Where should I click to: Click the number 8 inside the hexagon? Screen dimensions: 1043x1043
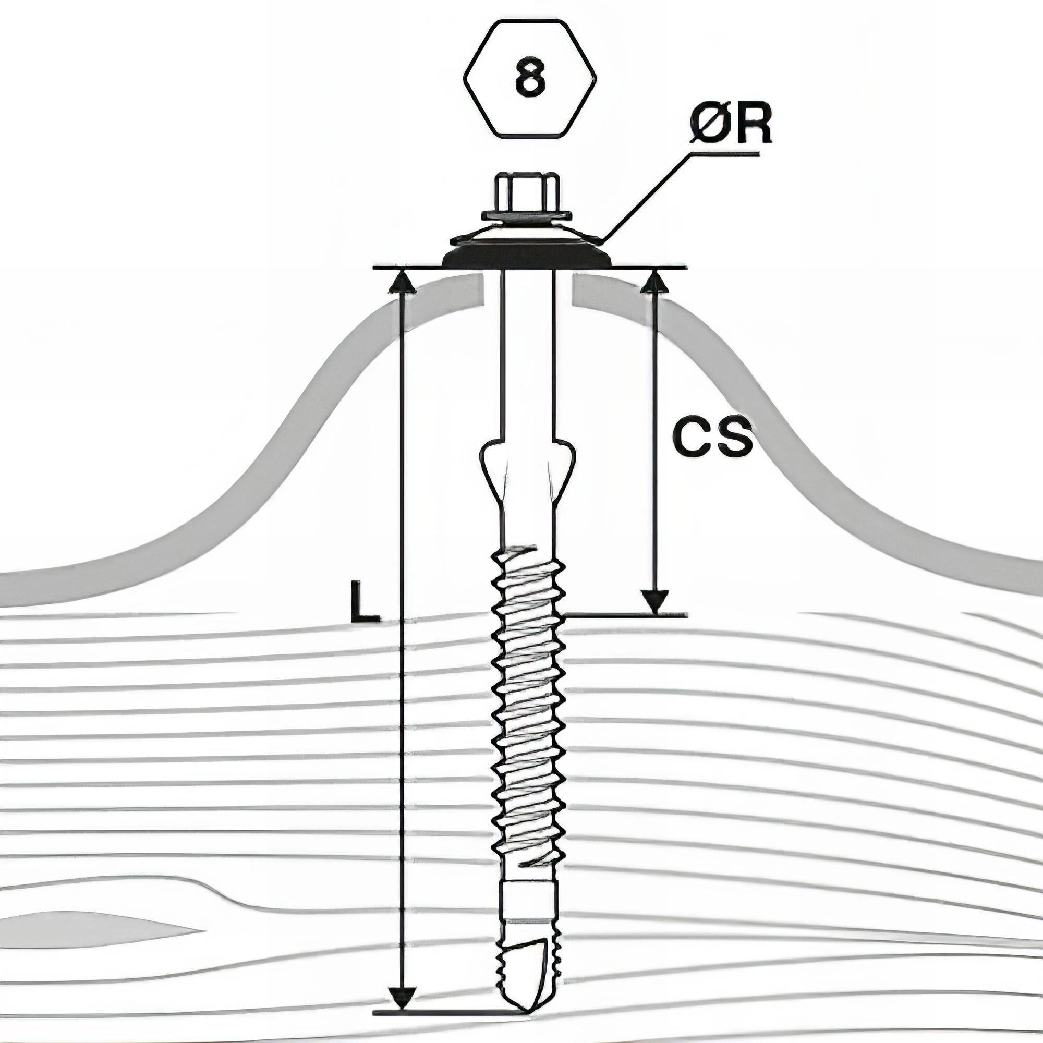pyautogui.click(x=530, y=79)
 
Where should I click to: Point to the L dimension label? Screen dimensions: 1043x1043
pyautogui.click(x=365, y=601)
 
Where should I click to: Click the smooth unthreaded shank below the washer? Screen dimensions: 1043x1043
pyautogui.click(x=526, y=351)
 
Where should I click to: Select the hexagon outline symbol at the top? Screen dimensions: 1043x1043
pyautogui.click(x=530, y=78)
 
